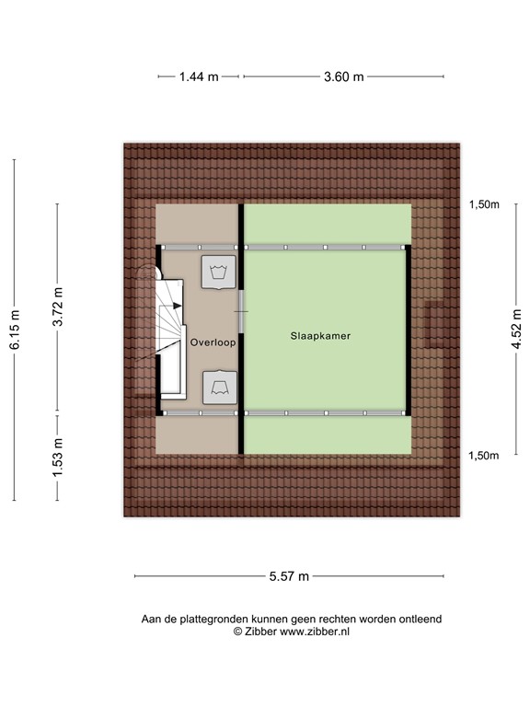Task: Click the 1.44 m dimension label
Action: [199, 77]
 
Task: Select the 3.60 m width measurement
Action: [343, 77]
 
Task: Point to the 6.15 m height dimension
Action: [15, 330]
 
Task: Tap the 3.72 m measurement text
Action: [57, 308]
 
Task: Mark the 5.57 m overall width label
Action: [289, 576]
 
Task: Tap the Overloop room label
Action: [213, 342]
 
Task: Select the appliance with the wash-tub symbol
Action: [218, 272]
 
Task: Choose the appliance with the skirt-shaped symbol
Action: [219, 386]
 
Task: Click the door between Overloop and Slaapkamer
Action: [241, 313]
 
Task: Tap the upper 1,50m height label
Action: [483, 205]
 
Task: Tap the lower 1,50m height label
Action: [483, 456]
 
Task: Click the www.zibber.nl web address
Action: [315, 632]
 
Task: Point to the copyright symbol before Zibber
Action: [236, 632]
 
